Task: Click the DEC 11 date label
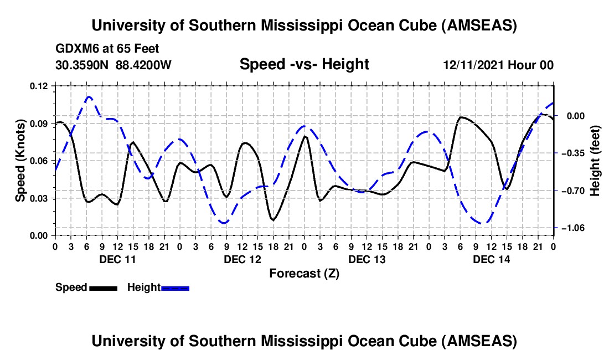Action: [117, 259]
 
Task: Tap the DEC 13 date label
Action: [366, 259]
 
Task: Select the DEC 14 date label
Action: [491, 259]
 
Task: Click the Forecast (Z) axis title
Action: [304, 273]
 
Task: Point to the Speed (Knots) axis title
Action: [20, 161]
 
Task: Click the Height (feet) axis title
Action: [596, 161]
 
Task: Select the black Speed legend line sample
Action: [103, 287]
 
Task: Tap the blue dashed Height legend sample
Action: [175, 287]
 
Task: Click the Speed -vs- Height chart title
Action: [304, 65]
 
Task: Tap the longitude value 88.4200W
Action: [144, 65]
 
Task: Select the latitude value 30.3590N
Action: [82, 65]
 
